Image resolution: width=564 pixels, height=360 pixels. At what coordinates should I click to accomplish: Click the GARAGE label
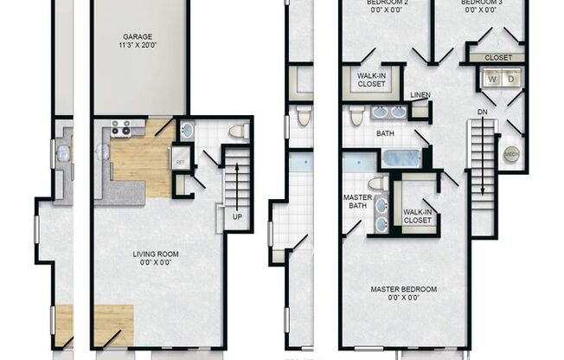coord(138,36)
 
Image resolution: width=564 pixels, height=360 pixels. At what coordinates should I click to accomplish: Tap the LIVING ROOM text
coord(156,254)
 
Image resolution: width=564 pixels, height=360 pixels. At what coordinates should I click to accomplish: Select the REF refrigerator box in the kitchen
coord(181,162)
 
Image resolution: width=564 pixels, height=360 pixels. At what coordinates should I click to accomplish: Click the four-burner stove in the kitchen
coord(121,129)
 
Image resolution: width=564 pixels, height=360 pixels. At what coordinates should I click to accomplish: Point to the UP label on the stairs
coord(235,217)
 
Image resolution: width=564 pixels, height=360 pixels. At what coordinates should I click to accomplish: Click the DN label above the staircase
coord(482,112)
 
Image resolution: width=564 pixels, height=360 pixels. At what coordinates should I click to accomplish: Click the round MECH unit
coord(511,155)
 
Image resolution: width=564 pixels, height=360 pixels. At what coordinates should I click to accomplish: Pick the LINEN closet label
coord(420,94)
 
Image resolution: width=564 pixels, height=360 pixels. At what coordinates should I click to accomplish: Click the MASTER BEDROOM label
coord(404,289)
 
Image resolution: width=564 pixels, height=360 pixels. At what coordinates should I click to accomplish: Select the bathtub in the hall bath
coord(401,158)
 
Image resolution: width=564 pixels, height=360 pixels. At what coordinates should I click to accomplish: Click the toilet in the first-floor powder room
coord(239,131)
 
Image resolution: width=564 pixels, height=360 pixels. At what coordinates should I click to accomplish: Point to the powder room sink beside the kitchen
coord(188,132)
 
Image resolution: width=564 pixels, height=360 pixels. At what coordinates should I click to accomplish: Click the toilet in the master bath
coord(378,183)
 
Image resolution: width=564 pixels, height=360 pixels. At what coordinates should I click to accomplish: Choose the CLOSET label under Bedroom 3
coord(498,58)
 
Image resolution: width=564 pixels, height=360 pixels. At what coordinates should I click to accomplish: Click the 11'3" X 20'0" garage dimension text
coord(138,46)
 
